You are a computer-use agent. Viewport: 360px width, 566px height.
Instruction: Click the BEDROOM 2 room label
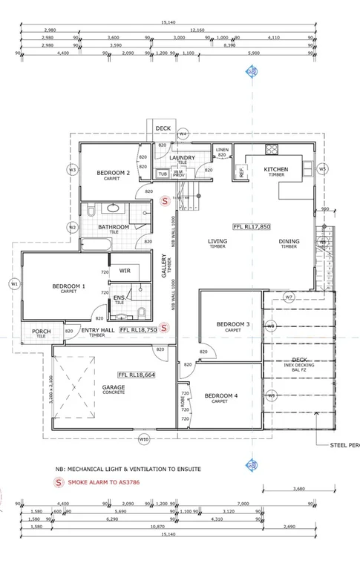coord(114,173)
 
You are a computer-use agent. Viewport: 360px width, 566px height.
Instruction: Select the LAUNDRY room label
coord(182,157)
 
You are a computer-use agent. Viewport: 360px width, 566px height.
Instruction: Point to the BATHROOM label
coord(114,227)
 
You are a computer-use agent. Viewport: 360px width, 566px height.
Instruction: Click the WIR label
coord(125,272)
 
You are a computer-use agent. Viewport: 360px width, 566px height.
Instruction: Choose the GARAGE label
coord(113,386)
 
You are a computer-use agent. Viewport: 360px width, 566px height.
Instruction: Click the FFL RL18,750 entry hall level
coord(138,329)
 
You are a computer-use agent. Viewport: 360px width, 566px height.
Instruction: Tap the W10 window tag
coord(144,439)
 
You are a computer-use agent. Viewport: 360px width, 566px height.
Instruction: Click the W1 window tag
coord(14,283)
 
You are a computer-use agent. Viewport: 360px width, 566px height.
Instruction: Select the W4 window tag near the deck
coord(183,134)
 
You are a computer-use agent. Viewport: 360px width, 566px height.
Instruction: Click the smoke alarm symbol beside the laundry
coord(166,200)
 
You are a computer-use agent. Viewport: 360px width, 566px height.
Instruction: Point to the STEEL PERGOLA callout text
coord(344,445)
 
